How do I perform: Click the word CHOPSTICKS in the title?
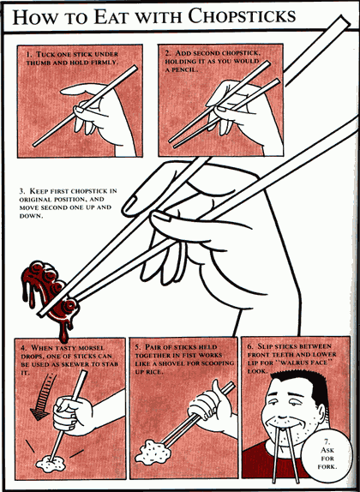pos(242,15)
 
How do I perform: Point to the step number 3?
pos(21,191)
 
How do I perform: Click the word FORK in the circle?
pos(327,466)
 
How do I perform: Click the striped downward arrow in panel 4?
pos(44,397)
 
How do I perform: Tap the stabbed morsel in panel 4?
pos(51,465)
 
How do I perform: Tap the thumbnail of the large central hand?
pos(160,216)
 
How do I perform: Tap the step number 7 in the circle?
pos(327,441)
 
